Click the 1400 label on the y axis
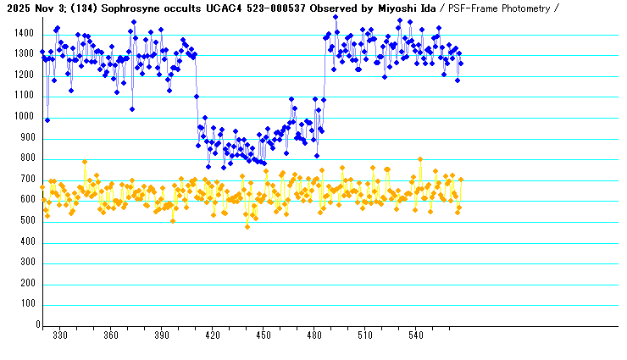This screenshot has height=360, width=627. click(x=23, y=34)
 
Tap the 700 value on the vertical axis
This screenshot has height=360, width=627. click(x=26, y=180)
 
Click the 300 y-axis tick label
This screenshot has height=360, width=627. click(x=26, y=263)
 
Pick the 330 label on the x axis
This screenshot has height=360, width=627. click(x=60, y=335)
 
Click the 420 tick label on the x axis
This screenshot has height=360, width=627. click(x=213, y=335)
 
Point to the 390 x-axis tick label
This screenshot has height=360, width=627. click(x=162, y=335)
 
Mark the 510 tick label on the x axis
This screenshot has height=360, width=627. click(x=365, y=335)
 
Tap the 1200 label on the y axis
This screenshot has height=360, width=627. click(x=23, y=75)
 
